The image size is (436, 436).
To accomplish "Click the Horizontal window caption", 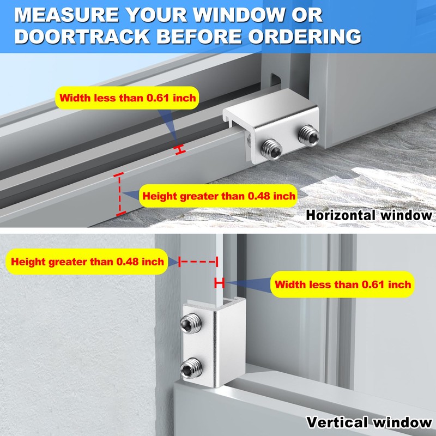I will pyautogui.click(x=369, y=215).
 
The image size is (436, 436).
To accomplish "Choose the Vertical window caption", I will pyautogui.click(x=369, y=422).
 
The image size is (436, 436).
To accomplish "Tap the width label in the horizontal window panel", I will pyautogui.click(x=128, y=99).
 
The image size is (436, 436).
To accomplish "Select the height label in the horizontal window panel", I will pyautogui.click(x=218, y=196).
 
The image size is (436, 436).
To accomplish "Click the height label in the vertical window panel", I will pyautogui.click(x=87, y=262).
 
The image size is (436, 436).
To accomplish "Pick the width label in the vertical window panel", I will pyautogui.click(x=343, y=284).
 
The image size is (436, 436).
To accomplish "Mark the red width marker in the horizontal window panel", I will pyautogui.click(x=179, y=150).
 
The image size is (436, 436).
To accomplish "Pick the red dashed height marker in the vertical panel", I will pyautogui.click(x=199, y=262).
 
